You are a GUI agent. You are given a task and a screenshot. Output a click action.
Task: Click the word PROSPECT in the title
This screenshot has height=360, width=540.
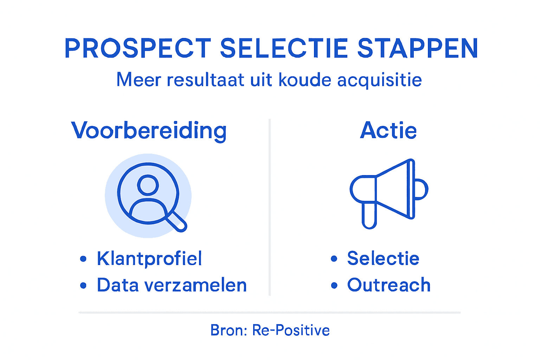coord(138,49)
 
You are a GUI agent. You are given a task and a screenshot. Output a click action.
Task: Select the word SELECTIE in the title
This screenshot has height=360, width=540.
coord(284,49)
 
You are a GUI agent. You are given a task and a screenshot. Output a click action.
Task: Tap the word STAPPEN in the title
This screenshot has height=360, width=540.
coord(418,49)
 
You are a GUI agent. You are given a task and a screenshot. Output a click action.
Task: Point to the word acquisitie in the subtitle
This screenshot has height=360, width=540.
coord(379,80)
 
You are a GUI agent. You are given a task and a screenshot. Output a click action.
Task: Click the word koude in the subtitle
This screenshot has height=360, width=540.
coord(305,80)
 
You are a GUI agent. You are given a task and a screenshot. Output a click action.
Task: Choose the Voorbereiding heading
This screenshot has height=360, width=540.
coord(149,131)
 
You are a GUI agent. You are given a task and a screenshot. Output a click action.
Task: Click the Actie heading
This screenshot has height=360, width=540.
coord(388,130)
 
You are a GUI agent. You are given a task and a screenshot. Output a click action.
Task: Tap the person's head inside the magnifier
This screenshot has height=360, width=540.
coord(148,185)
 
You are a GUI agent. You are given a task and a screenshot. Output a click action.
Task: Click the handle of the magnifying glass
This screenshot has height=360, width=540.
coord(177,222)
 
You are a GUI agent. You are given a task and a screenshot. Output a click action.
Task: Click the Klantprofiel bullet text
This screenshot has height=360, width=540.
coord(149,259)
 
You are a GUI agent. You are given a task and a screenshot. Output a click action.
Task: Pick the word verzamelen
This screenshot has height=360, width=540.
coord(196,285)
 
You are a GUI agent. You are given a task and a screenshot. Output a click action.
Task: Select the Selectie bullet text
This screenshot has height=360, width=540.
coord(383,259)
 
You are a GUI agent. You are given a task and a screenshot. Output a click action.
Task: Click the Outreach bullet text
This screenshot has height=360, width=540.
coord(389,285)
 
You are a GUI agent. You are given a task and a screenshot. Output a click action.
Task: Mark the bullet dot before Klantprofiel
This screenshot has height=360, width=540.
coord(83,259)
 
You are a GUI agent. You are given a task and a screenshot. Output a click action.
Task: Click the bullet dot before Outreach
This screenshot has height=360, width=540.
coord(334,285)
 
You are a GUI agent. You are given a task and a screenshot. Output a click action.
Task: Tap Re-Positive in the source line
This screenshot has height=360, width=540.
coord(291,330)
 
